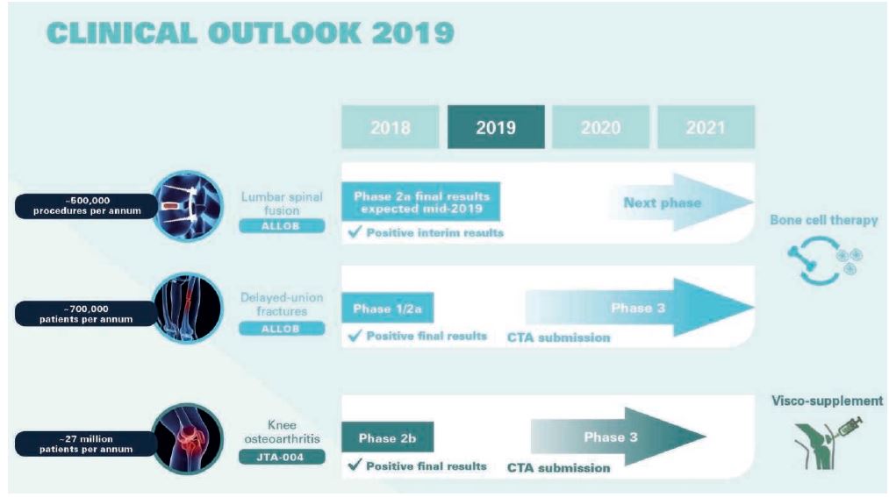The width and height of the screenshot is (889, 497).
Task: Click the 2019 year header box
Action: [x=496, y=127]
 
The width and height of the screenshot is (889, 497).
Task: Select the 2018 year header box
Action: [x=390, y=127]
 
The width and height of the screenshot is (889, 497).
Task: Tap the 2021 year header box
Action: [x=706, y=127]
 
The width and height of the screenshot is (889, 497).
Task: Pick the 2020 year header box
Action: [x=601, y=127]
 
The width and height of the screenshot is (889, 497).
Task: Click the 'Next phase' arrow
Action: [x=680, y=202]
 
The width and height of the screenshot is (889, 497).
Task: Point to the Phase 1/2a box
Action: [x=388, y=308]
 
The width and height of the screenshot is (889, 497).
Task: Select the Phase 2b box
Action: [x=388, y=437]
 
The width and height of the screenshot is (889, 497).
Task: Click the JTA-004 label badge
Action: [x=282, y=457]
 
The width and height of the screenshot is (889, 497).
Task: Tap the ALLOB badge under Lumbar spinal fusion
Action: [x=282, y=226]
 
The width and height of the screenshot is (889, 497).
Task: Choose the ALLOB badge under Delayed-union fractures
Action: [x=282, y=329]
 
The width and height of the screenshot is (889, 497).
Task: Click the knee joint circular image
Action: [x=187, y=438]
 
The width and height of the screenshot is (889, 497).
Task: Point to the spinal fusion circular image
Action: [x=187, y=206]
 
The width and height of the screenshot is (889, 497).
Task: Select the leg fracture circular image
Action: [x=187, y=309]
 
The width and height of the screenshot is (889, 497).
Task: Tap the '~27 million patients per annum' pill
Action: [x=86, y=444]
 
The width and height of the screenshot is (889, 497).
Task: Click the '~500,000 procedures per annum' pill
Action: [x=86, y=205]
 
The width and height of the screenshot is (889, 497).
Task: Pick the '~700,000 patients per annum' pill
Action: [x=86, y=314]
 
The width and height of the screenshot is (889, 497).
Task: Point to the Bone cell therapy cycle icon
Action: [x=825, y=259]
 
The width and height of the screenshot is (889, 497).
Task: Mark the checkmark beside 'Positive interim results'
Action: [x=355, y=231]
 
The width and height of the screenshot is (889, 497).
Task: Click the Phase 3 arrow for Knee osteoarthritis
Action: [x=618, y=437]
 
